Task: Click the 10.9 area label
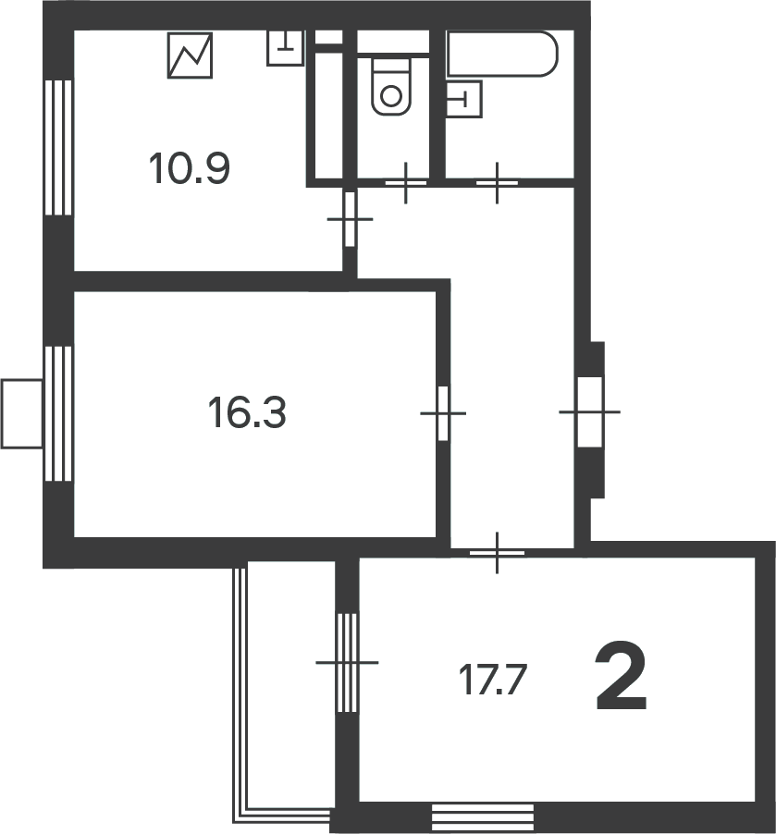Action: [x=190, y=168]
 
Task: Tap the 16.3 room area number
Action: [x=247, y=412]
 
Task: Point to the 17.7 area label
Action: [x=492, y=680]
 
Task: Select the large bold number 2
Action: [x=621, y=676]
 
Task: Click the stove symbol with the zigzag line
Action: [x=190, y=55]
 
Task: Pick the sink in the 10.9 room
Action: [x=285, y=48]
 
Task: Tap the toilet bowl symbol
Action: [x=392, y=87]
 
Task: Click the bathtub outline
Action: [x=502, y=54]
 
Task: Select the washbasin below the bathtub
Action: [x=463, y=99]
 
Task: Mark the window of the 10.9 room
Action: [x=58, y=147]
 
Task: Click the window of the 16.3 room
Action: [x=58, y=414]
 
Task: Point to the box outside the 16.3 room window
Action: [x=22, y=414]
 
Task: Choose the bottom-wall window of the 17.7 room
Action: [x=482, y=817]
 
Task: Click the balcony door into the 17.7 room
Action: [x=347, y=663]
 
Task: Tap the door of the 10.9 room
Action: [x=350, y=219]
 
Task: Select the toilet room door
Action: [x=405, y=183]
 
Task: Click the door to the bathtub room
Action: [x=497, y=183]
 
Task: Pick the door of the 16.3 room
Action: [x=443, y=413]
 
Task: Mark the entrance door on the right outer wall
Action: [x=590, y=411]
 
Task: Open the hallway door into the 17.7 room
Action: [x=497, y=553]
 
